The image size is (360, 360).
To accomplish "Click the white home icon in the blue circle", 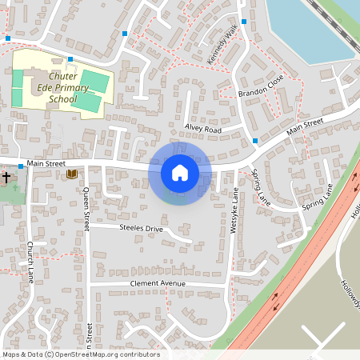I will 180,172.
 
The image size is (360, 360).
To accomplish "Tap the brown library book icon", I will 72,174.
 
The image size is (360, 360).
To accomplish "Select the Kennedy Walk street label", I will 223,44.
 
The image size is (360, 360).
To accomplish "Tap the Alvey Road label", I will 202,129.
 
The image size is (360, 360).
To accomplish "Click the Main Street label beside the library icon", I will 46,164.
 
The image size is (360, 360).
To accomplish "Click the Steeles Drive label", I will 141,229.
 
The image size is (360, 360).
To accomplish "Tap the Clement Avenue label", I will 158,284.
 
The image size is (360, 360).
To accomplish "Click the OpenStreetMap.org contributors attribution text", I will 107,354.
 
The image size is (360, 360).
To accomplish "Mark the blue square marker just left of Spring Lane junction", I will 255,141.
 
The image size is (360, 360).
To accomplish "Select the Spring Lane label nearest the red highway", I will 317,198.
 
